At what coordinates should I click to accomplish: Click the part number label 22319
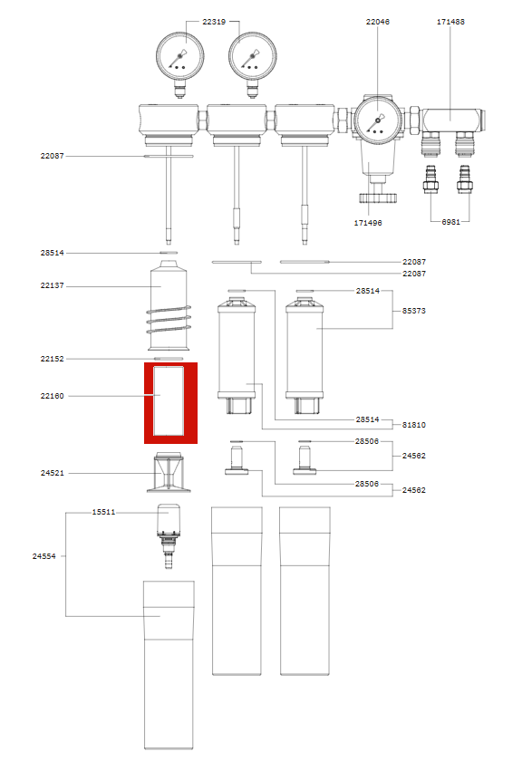coord(214,22)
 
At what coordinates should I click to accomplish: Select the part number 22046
coord(378,22)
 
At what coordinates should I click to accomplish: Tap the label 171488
coord(450,22)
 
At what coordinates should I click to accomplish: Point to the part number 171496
coord(368,223)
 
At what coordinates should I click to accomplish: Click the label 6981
coord(450,222)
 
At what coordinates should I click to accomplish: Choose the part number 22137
coord(52,285)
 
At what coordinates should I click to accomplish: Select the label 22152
coord(52,359)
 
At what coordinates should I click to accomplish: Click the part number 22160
coord(52,396)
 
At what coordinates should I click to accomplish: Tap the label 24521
coord(52,473)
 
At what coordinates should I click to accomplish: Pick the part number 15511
coord(104,512)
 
